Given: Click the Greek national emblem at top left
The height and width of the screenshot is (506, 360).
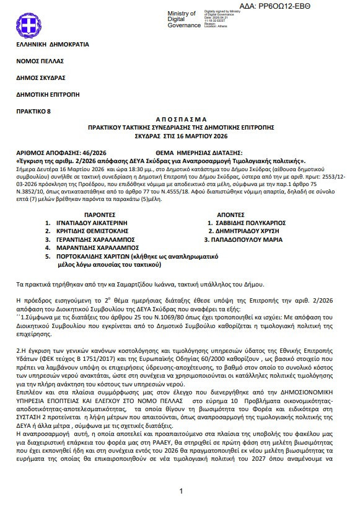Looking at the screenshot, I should [27, 25].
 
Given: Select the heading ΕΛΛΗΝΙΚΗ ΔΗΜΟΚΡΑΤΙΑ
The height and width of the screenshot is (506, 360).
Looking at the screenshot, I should [53, 45].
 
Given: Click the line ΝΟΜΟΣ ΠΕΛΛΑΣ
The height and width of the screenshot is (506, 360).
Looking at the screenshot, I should [42, 61].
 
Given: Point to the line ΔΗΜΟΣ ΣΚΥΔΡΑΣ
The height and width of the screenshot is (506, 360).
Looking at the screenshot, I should [42, 78].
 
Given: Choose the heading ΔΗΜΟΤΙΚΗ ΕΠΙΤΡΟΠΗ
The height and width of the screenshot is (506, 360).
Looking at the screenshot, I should [48, 94].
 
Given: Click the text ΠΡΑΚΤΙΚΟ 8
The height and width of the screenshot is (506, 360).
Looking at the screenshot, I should [35, 111].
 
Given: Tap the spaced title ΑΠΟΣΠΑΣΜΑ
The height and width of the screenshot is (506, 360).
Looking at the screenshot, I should [180, 120].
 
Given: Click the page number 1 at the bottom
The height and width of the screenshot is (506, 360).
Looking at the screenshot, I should [180, 491].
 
